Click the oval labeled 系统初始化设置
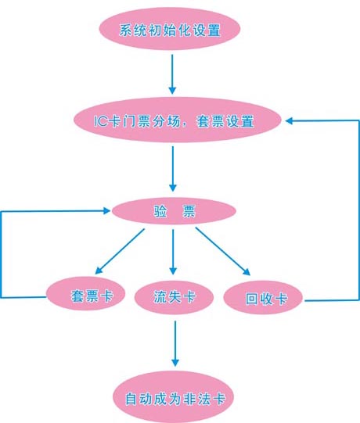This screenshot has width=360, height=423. point(170,29)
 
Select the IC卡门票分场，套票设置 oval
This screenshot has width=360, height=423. point(178,120)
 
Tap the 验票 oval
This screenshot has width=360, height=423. point(174,211)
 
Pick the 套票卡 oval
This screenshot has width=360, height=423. point(85,293)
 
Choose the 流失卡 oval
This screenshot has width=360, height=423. point(175,297)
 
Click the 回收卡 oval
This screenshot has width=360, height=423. point(263,298)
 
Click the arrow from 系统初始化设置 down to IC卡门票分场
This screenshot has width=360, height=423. point(172,74)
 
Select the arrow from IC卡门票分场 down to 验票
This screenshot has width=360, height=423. point(173,169)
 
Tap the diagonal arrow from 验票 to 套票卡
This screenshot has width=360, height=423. point(121,252)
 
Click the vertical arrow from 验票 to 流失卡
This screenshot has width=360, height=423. point(173,252)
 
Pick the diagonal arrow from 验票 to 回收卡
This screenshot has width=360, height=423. point(223,252)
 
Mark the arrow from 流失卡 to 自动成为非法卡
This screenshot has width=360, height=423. point(175,343)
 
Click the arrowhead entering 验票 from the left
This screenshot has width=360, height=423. point(107,210)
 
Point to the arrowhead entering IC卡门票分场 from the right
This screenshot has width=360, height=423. point(289,120)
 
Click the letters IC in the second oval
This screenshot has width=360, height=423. point(101,121)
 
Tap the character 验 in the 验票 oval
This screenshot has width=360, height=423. point(160,211)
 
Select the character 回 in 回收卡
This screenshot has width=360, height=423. point(251,299)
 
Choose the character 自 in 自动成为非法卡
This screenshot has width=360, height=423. point(131,399)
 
